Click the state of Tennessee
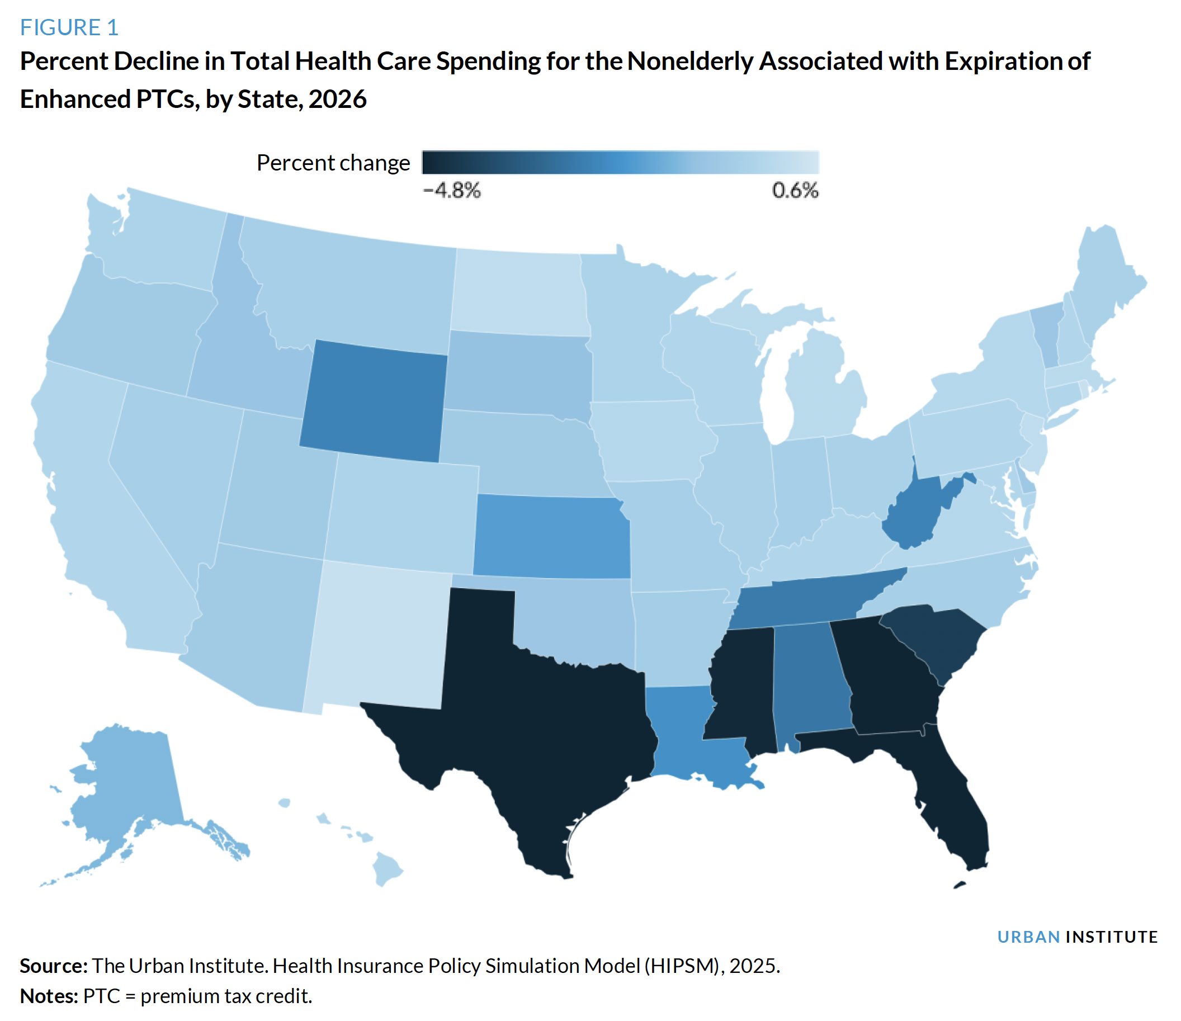point(809,602)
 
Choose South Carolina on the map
point(935,641)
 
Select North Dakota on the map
point(519,294)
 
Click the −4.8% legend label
point(452,190)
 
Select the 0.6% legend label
point(795,190)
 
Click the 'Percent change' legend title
point(333,163)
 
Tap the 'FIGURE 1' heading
point(69,27)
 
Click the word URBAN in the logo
point(1028,937)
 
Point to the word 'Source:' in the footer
point(54,966)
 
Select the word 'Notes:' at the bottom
point(49,996)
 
